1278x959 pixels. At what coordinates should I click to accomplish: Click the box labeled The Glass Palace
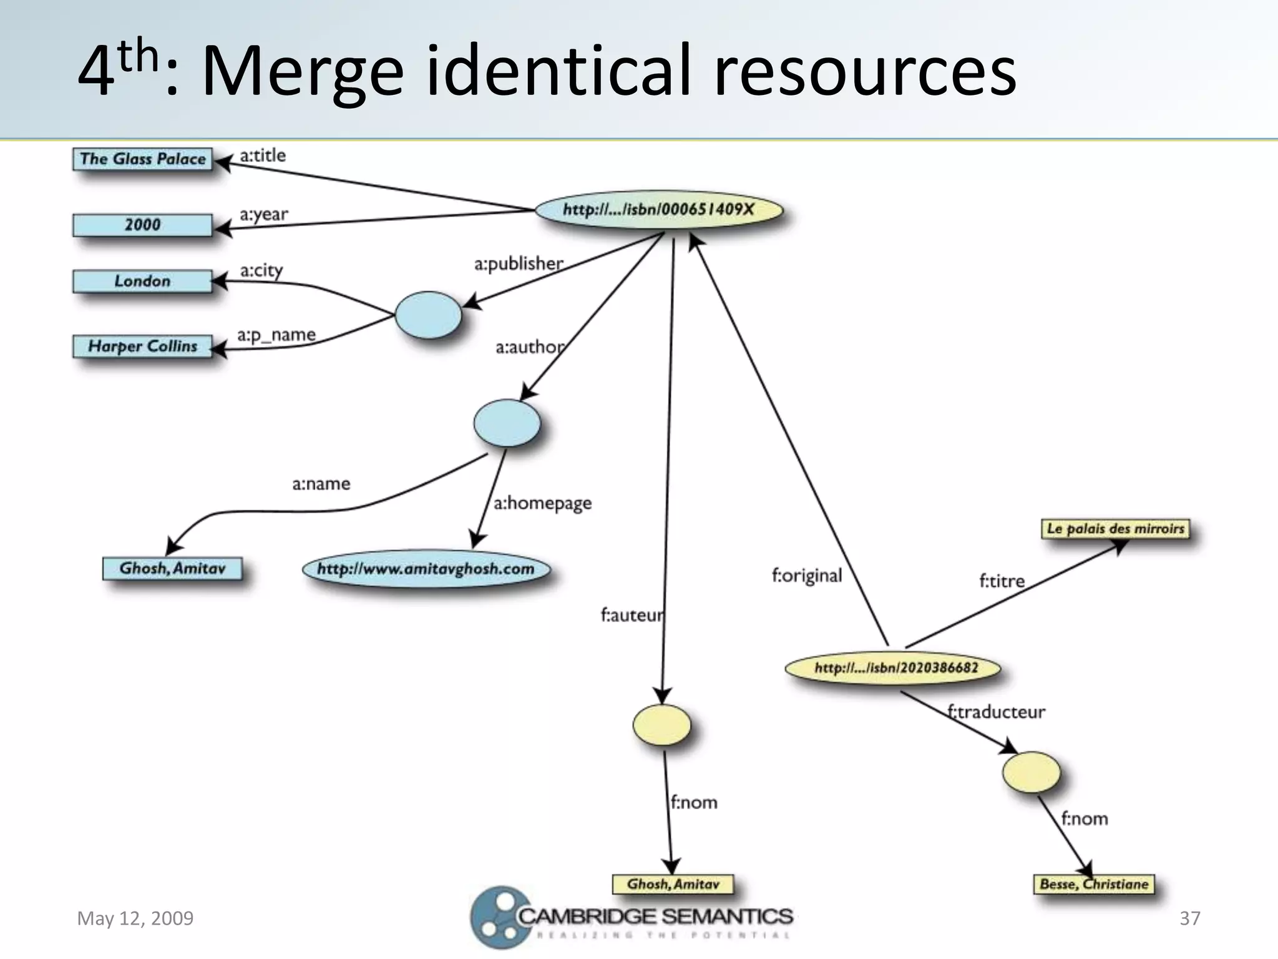(x=142, y=159)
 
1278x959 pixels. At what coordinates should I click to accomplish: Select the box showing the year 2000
(x=142, y=225)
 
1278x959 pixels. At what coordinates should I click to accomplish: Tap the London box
(x=142, y=281)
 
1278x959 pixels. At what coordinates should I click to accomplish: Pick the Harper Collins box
(x=142, y=346)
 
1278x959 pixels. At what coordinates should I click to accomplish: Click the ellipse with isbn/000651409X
(x=658, y=210)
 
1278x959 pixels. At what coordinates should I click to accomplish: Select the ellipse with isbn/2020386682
(x=894, y=668)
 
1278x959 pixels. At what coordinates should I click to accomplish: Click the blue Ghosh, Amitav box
(x=172, y=568)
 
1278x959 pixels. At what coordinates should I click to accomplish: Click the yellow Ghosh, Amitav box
(x=673, y=884)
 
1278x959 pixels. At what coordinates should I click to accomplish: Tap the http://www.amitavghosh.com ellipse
(x=426, y=569)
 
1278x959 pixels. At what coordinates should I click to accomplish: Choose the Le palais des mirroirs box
(x=1115, y=529)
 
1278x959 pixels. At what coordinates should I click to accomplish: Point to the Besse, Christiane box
(x=1093, y=884)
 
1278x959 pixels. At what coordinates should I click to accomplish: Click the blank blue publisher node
(x=428, y=315)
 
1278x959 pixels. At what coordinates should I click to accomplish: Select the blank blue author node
(x=507, y=423)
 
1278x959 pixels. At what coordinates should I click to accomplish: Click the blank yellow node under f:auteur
(x=661, y=725)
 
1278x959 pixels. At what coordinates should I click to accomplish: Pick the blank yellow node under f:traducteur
(x=1031, y=772)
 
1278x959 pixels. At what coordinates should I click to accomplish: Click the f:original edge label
(x=807, y=575)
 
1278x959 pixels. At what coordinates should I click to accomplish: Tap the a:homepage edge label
(x=542, y=503)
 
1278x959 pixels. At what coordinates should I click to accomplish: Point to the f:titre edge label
(x=1002, y=581)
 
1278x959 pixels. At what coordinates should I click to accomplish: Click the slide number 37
(x=1189, y=918)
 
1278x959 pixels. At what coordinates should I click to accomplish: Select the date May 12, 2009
(x=135, y=918)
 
